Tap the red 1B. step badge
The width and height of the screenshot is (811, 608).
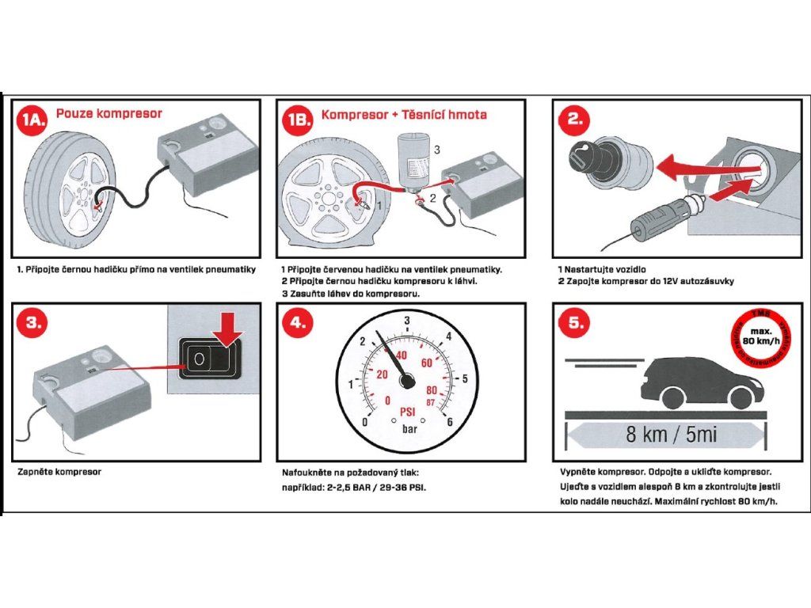(x=299, y=119)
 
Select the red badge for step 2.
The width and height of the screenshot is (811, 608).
(x=575, y=119)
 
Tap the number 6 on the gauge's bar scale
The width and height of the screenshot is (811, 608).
(x=450, y=421)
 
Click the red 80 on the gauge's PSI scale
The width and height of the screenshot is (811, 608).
(x=432, y=390)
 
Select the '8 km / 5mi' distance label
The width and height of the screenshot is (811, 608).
(x=665, y=435)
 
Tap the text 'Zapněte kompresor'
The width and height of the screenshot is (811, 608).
(x=59, y=472)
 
